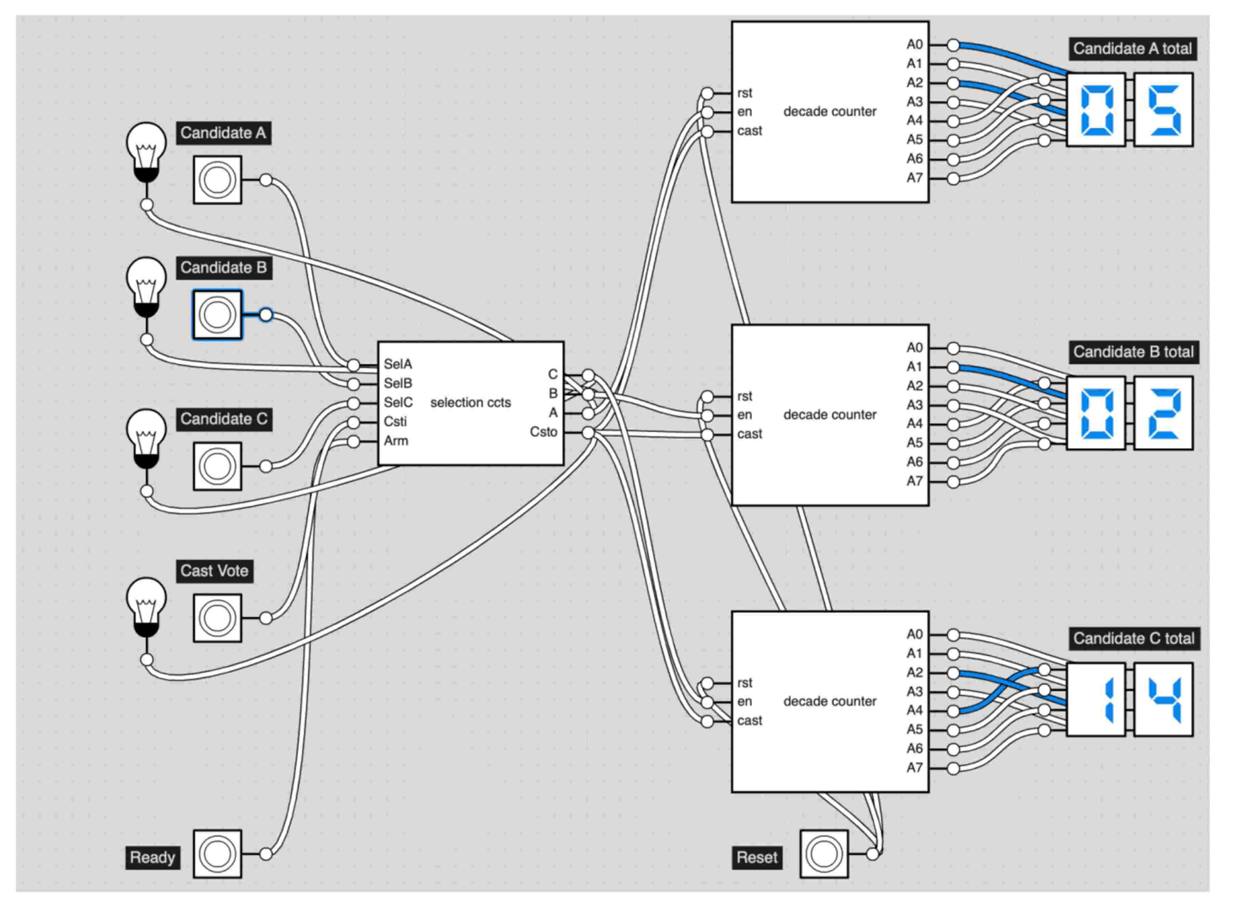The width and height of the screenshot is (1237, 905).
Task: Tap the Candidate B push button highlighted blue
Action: pos(218,315)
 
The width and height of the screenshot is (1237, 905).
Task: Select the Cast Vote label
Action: pos(214,571)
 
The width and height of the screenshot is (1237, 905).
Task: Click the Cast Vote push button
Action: pos(218,618)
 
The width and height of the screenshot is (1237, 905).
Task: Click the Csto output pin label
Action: pos(543,432)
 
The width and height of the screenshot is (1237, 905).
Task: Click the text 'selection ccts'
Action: pos(470,403)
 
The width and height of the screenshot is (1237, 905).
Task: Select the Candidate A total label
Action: pos(1132,49)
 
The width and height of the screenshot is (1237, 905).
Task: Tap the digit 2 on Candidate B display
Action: pos(1163,414)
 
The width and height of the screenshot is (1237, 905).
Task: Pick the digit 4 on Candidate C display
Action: pos(1163,700)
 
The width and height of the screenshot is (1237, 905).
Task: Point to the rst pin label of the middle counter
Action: pos(745,396)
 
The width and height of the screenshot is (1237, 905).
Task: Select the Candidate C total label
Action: pos(1133,639)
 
